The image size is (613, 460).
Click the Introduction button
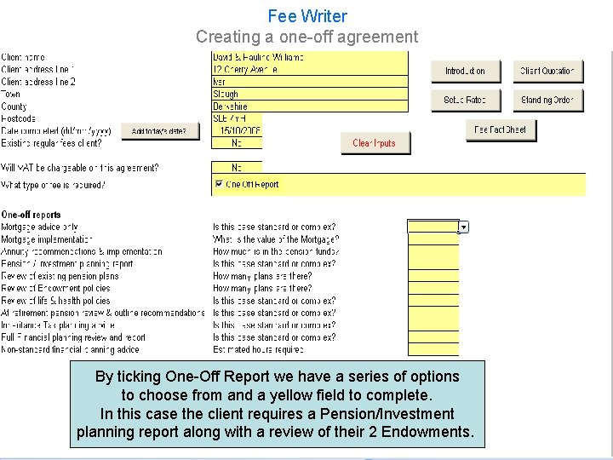click(465, 71)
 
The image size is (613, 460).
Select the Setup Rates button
click(465, 100)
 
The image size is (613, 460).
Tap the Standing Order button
click(547, 100)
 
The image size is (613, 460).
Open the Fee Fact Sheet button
click(501, 129)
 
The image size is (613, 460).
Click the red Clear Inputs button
click(375, 143)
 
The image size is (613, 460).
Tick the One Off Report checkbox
click(219, 184)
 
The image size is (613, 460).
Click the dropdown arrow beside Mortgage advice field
click(464, 227)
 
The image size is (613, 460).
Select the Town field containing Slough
click(310, 95)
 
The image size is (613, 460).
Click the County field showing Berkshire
click(310, 106)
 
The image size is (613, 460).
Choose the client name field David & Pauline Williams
click(310, 57)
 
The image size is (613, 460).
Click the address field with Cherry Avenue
click(310, 70)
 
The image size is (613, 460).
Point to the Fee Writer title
click(307, 16)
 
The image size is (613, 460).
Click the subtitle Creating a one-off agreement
click(307, 37)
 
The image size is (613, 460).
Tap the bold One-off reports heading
click(32, 215)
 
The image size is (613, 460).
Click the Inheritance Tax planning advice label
click(58, 325)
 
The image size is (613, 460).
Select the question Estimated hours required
click(258, 350)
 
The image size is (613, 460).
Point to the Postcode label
click(18, 119)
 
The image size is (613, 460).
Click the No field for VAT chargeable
click(237, 168)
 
